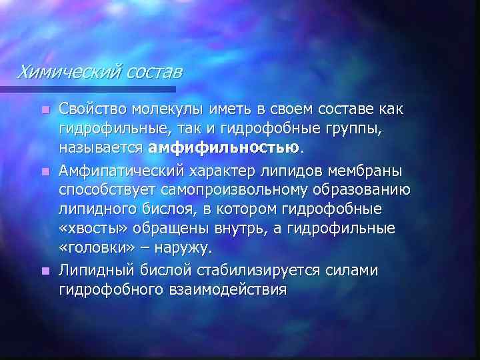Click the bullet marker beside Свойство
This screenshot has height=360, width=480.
(x=45, y=109)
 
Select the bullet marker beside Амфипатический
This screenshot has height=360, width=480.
(x=45, y=172)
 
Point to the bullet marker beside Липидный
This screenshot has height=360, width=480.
(x=45, y=271)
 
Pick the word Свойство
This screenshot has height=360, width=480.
(x=91, y=108)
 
